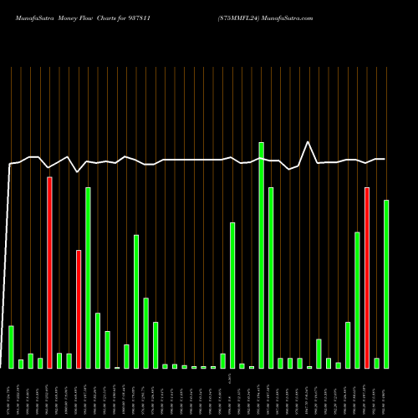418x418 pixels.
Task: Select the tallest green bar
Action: pyautogui.click(x=261, y=255)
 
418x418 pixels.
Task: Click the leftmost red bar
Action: pyautogui.click(x=49, y=273)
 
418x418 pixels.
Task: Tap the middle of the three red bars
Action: pyautogui.click(x=79, y=309)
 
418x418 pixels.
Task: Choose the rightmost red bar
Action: pyautogui.click(x=367, y=278)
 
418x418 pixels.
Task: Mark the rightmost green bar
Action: pyautogui.click(x=386, y=284)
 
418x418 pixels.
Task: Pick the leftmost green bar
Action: pyautogui.click(x=11, y=347)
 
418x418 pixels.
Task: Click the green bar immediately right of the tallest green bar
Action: pyautogui.click(x=271, y=278)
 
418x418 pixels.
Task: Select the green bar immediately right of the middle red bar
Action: pyautogui.click(x=88, y=278)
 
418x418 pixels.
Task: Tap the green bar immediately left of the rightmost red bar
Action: pyautogui.click(x=357, y=300)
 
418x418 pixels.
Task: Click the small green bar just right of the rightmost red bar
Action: pyautogui.click(x=377, y=363)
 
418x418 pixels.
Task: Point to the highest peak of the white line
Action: pyautogui.click(x=308, y=143)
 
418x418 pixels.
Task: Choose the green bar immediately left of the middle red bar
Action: pyautogui.click(x=69, y=360)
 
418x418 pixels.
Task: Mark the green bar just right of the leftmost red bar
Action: pyautogui.click(x=59, y=360)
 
